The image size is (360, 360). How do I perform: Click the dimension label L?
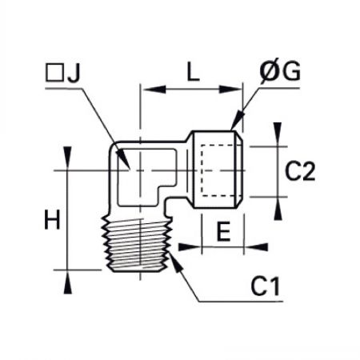(193, 72)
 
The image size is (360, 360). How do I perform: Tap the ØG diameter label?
(280, 70)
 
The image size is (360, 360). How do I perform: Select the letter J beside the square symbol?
(74, 73)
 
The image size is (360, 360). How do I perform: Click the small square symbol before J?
(54, 72)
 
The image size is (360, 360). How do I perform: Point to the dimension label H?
(52, 220)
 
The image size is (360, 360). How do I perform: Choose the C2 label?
(300, 171)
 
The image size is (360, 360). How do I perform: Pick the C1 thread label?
(266, 286)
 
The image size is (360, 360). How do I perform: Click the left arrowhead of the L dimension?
(154, 90)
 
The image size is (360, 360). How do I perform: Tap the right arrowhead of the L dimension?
(230, 90)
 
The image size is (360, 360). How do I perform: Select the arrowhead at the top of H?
(68, 158)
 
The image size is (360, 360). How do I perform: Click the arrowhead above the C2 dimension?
(278, 134)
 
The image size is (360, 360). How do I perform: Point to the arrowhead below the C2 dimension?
(278, 209)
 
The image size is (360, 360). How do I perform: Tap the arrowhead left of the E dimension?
(190, 247)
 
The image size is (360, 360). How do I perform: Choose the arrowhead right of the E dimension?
(256, 247)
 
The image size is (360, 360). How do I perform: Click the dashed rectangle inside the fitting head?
(218, 170)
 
